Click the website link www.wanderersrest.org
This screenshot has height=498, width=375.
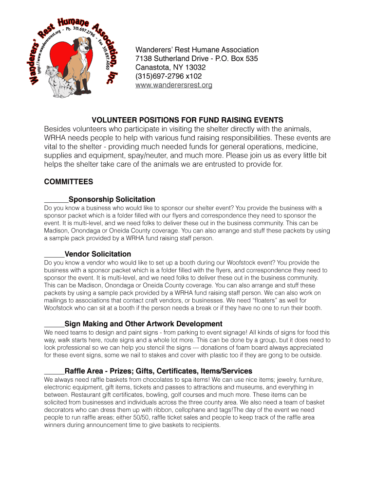pyautogui.click(x=173, y=85)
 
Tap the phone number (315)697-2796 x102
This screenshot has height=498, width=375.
pyautogui.click(x=168, y=76)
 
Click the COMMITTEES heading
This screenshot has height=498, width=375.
pyautogui.click(x=68, y=182)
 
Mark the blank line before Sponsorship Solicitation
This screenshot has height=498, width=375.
pyautogui.click(x=56, y=200)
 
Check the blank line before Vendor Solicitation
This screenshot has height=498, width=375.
pyautogui.click(x=54, y=255)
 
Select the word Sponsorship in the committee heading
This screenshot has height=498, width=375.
pyautogui.click(x=92, y=199)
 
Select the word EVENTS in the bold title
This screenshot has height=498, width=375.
pyautogui.click(x=267, y=120)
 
